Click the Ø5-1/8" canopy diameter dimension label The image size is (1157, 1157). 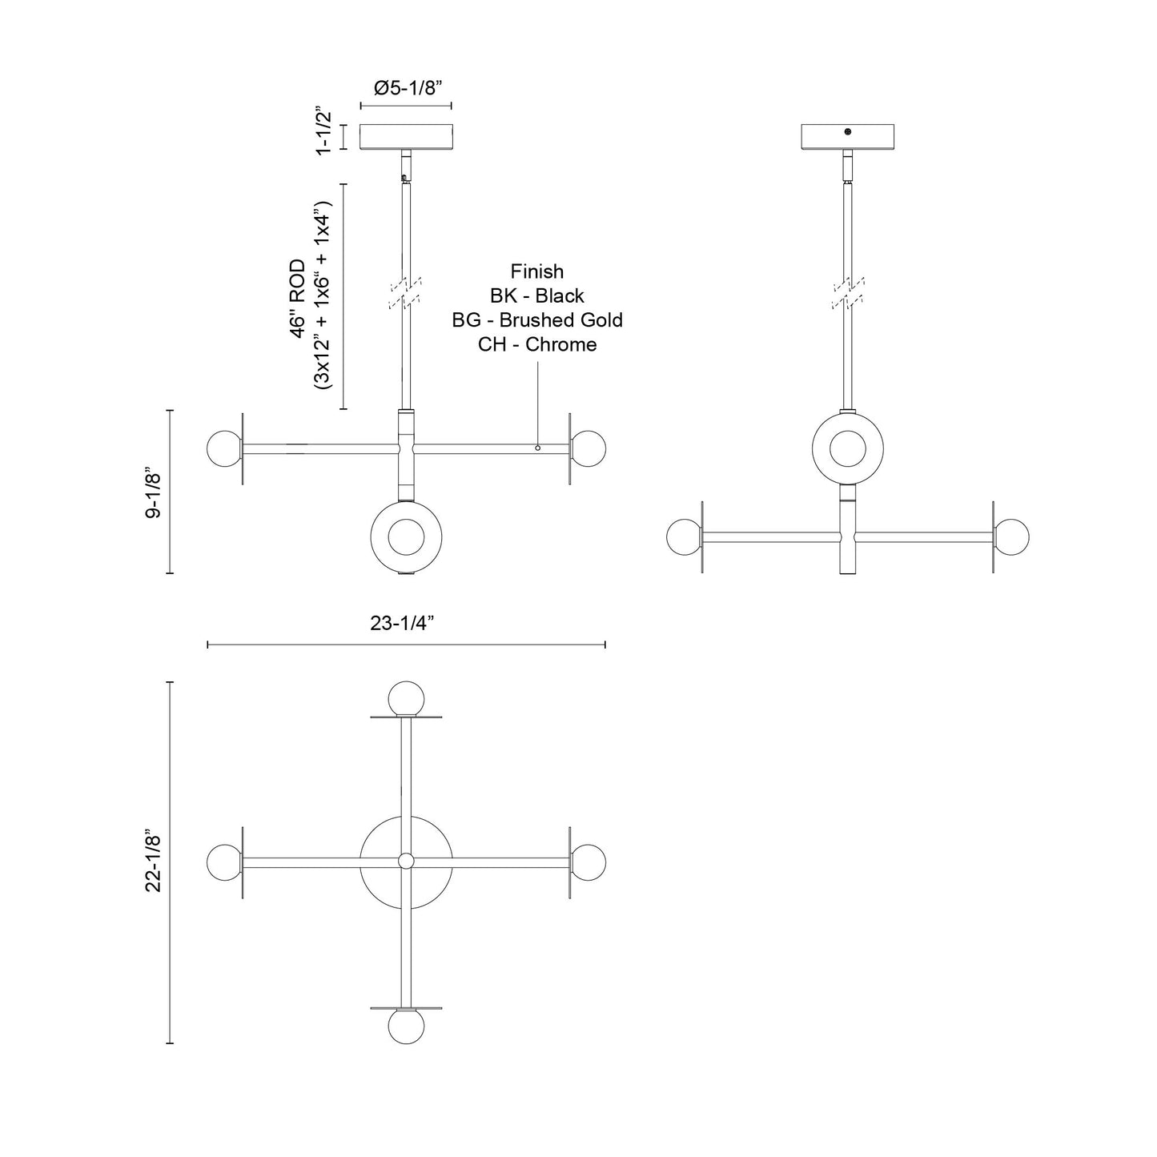pyautogui.click(x=406, y=88)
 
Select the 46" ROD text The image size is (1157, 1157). pyautogui.click(x=299, y=298)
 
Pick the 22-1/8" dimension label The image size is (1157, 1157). pyautogui.click(x=154, y=862)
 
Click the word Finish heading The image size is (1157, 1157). pyautogui.click(x=536, y=271)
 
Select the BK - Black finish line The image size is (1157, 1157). pyautogui.click(x=536, y=295)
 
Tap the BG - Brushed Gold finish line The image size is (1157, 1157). pyautogui.click(x=536, y=320)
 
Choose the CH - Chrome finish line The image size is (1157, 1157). pyautogui.click(x=536, y=344)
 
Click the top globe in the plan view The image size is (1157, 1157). pyautogui.click(x=405, y=697)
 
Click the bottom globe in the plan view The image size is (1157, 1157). pyautogui.click(x=405, y=1026)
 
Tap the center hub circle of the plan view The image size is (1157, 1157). pyautogui.click(x=406, y=862)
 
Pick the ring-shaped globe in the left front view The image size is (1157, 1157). pyautogui.click(x=406, y=536)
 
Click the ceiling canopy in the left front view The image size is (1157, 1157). pyautogui.click(x=406, y=137)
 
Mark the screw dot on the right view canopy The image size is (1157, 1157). pyautogui.click(x=848, y=132)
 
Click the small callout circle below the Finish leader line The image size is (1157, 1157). pyautogui.click(x=538, y=448)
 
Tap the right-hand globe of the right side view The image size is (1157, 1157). pyautogui.click(x=1012, y=536)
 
